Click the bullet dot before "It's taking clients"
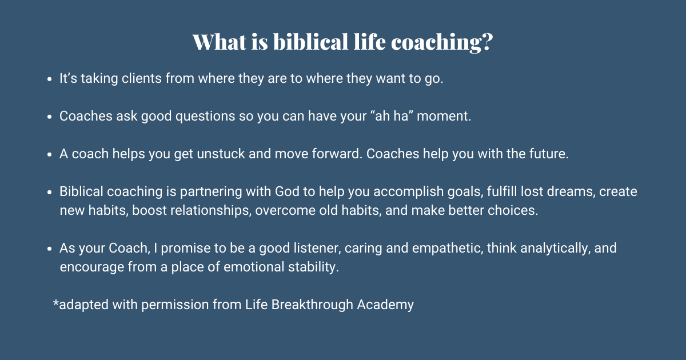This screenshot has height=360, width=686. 50,79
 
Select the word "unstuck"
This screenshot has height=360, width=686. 212,154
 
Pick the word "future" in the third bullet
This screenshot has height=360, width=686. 547,154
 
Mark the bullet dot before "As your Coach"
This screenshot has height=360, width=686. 50,249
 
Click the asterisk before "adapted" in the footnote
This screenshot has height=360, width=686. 56,303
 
